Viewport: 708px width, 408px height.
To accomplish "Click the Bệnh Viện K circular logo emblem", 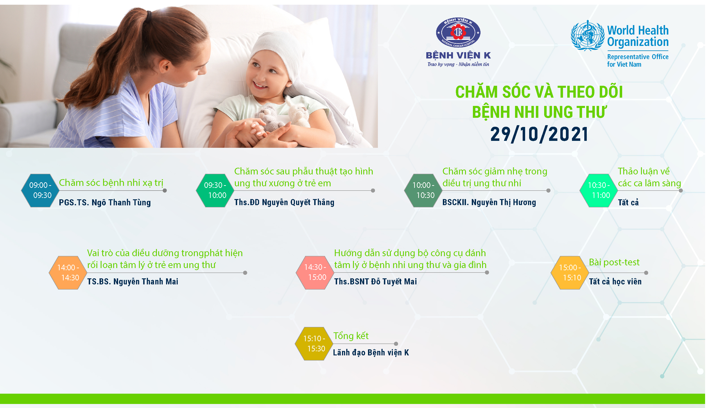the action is click(458, 32).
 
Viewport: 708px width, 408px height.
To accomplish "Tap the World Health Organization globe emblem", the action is click(587, 36).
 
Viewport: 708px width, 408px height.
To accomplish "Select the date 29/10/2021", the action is click(539, 134).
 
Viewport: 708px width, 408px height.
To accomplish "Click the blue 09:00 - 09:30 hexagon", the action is click(40, 190).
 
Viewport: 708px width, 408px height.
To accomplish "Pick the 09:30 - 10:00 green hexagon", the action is click(215, 190).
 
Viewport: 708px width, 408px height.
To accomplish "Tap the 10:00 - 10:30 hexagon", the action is click(423, 190).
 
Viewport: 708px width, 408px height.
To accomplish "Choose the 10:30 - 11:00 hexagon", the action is click(599, 190).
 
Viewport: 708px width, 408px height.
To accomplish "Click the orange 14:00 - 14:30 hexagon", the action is click(68, 273).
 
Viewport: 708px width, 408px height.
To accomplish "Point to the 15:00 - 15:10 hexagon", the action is click(570, 273).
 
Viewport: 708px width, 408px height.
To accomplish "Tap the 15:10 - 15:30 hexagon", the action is click(314, 344).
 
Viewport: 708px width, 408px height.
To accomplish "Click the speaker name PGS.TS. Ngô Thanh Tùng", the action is click(105, 202).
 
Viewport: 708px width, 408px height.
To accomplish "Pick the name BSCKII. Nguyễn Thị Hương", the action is click(489, 202).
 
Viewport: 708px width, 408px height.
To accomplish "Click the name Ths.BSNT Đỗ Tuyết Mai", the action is click(375, 281).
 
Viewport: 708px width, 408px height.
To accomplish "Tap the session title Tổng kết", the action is click(351, 335).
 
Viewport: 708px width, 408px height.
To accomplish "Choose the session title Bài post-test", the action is click(614, 262).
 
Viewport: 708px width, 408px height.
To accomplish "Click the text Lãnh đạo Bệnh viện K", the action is click(371, 352).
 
